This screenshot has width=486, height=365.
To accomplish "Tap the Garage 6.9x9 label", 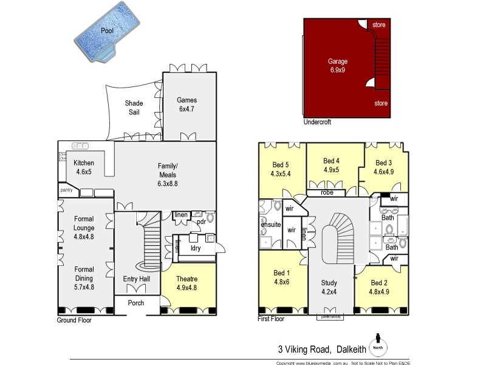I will pos(337,66).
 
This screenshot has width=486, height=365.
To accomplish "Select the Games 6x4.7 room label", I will pos(187,105).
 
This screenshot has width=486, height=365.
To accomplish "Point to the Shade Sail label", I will pos(134,108).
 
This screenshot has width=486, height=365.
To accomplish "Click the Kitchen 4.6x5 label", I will pos(84,167).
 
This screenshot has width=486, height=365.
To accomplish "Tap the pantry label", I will pos(67,191).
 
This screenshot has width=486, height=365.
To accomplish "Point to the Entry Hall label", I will pos(137,279).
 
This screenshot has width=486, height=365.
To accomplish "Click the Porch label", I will pos(136,303).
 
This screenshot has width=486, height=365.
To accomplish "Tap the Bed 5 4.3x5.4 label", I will pos(281,169).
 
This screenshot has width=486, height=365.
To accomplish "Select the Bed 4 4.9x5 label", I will pos(331,165).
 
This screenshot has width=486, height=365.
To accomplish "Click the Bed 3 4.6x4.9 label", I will pos(383,167).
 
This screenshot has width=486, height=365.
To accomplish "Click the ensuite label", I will pos(270,224).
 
